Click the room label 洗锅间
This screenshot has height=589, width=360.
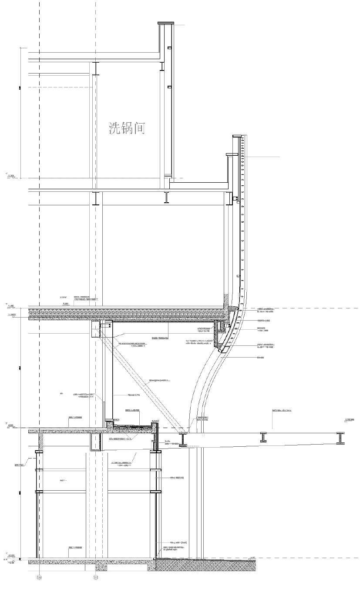click(126, 128)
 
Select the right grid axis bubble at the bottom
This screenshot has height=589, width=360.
click(96, 578)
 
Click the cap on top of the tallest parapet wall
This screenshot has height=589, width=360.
click(165, 23)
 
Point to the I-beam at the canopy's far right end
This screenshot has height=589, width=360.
click(340, 438)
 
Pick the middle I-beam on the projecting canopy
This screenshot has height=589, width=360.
click(264, 437)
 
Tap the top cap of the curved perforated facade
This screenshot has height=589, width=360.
click(237, 137)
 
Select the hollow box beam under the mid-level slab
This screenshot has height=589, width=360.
click(95, 442)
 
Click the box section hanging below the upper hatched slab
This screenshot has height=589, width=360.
click(96, 329)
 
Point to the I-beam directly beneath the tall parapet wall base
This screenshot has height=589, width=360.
click(166, 197)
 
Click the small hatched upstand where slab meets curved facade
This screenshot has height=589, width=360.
click(226, 300)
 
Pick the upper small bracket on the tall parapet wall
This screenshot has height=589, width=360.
click(170, 49)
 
